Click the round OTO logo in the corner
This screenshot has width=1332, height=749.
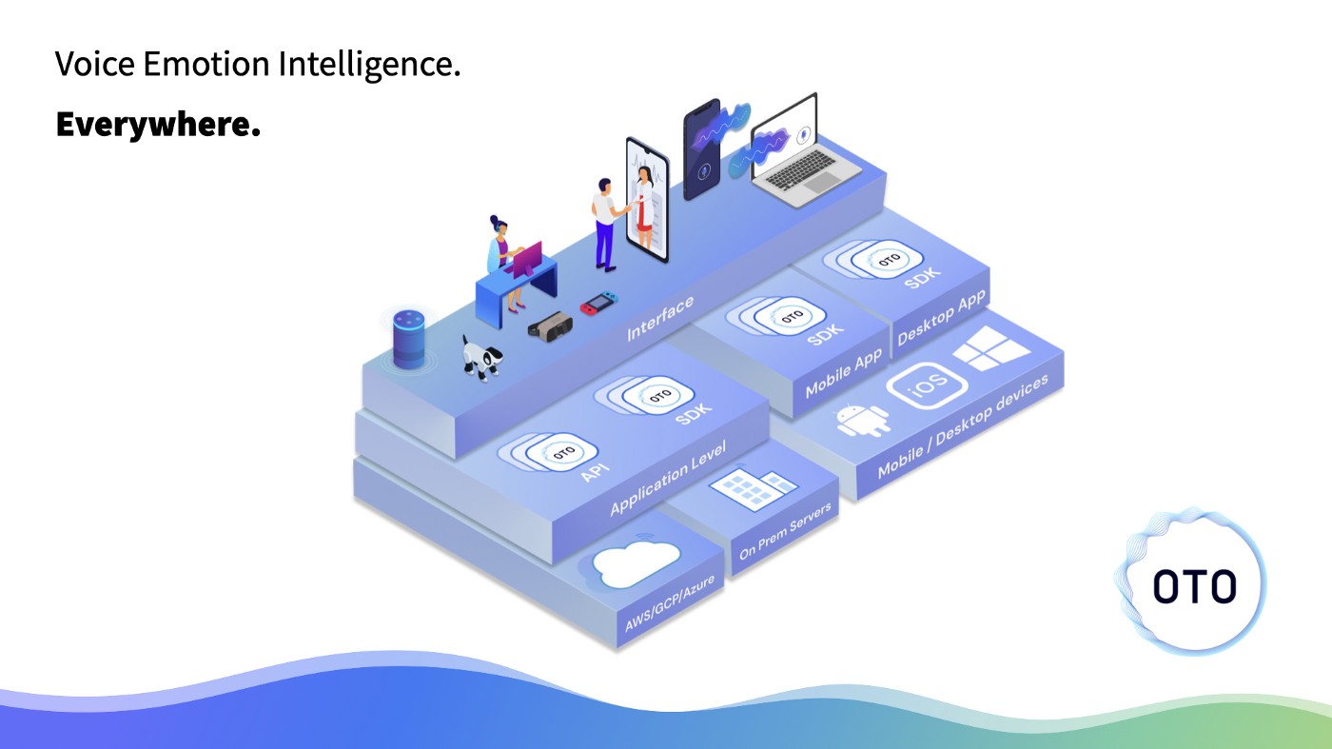point(1193,584)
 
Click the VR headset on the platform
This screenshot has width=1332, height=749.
point(549,326)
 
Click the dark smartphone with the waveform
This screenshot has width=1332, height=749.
point(702,150)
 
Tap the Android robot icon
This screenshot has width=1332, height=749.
point(863,419)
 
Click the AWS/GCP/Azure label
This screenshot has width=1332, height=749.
point(669,606)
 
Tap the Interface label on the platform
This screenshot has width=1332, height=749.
point(659,319)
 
